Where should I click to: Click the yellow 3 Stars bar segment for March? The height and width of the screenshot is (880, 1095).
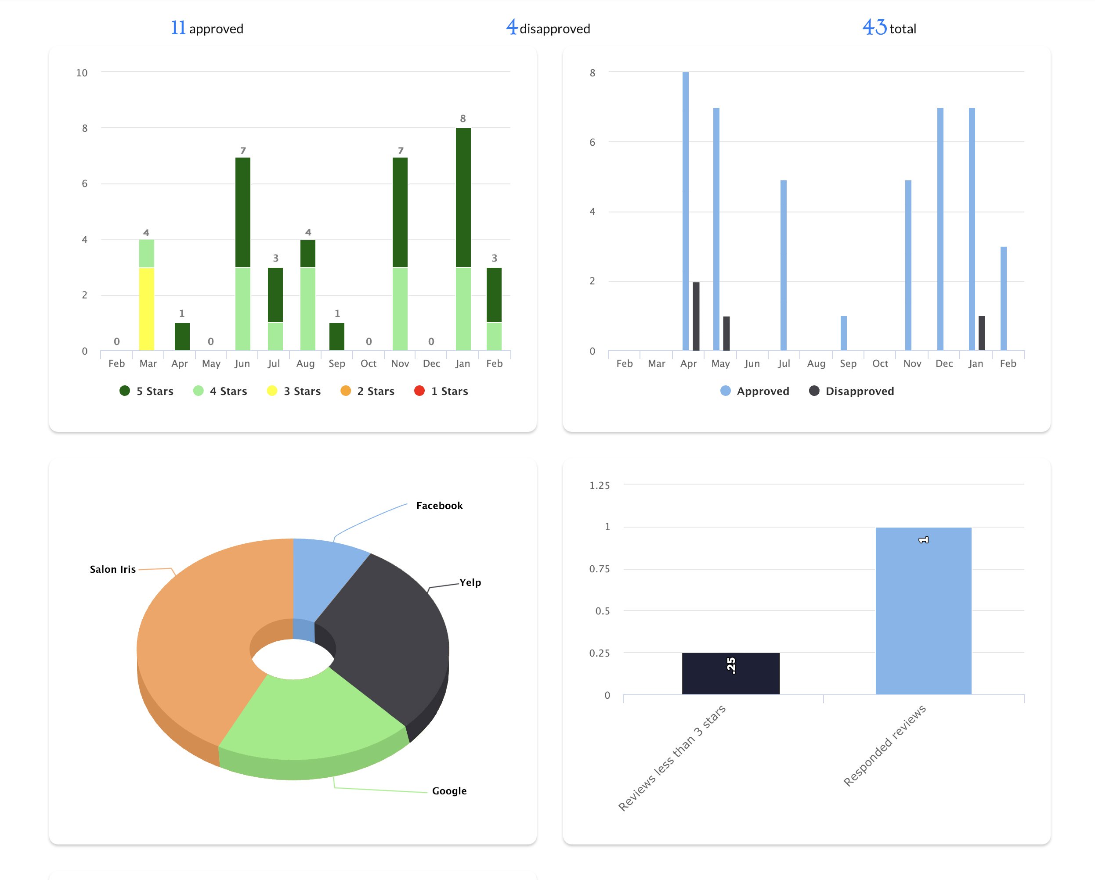click(x=146, y=309)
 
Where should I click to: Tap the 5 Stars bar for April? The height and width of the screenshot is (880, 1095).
click(x=182, y=337)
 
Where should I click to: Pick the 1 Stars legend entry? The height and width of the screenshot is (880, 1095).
click(x=441, y=391)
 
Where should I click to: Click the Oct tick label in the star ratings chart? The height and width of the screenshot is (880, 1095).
click(x=368, y=363)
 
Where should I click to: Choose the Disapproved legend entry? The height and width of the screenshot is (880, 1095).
click(x=852, y=391)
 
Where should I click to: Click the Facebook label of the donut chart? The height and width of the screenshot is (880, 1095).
click(x=439, y=506)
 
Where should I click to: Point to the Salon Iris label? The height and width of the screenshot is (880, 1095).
click(x=113, y=569)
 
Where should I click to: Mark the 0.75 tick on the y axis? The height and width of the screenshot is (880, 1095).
click(x=599, y=569)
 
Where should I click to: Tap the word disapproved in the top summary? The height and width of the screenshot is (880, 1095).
click(x=555, y=29)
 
